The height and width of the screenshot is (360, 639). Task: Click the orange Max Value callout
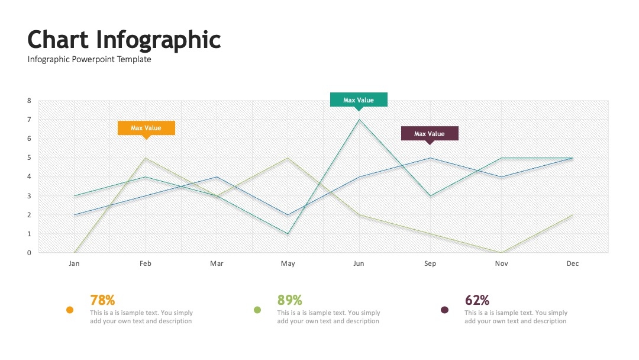tap(146, 128)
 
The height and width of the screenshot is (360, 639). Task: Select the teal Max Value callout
tap(359, 100)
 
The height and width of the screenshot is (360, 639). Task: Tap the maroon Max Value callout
tap(430, 134)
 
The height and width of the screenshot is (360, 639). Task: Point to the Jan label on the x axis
tap(74, 263)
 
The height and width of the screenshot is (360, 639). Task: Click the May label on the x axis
tap(288, 263)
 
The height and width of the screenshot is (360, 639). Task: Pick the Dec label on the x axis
tap(573, 263)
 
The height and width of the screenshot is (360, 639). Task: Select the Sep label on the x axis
tap(430, 263)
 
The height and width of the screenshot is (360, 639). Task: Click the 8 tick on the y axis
tap(29, 101)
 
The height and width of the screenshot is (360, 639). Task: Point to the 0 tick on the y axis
tap(29, 253)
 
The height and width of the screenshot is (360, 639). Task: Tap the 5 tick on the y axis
tap(29, 157)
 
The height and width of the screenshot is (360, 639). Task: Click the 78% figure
tap(102, 300)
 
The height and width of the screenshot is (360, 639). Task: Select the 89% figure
tap(289, 300)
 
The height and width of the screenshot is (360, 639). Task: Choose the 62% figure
tap(477, 300)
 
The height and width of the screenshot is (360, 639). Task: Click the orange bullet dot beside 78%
tap(70, 310)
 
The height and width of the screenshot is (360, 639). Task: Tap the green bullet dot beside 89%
tap(257, 310)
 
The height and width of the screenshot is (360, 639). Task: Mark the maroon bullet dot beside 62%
tap(444, 310)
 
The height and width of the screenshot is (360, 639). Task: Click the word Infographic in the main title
tap(158, 40)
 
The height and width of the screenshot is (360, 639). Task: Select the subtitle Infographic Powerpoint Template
tap(89, 60)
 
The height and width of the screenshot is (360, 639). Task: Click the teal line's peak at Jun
tap(359, 120)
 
